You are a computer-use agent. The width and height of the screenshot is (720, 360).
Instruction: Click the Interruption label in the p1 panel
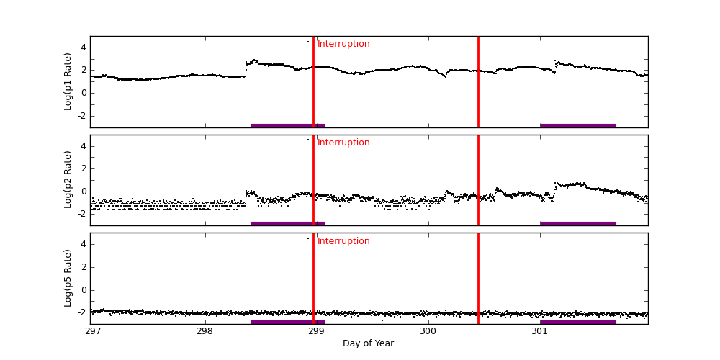tap(343, 44)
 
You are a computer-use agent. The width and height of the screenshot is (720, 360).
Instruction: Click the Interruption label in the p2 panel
tap(343, 143)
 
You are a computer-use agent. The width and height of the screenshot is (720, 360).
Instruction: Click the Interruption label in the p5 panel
tap(343, 241)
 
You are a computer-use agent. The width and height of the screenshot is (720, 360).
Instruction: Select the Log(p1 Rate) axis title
tap(68, 81)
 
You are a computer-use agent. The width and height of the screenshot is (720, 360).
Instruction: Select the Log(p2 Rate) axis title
tap(68, 179)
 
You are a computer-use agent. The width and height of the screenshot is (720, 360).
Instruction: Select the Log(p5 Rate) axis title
tap(68, 278)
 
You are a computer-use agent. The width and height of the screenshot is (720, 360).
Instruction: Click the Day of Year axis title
tap(368, 343)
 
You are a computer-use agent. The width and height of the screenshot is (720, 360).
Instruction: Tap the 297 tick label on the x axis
tap(93, 331)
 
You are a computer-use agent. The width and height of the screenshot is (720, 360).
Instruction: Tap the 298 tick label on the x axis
tap(204, 331)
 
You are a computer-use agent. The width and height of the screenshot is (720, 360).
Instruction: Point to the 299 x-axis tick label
tap(316, 331)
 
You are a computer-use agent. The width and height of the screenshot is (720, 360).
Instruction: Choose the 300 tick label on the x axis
tap(428, 331)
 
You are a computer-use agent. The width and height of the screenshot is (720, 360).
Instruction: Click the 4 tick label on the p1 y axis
tap(83, 48)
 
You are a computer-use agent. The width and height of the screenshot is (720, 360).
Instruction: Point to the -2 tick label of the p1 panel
tap(81, 115)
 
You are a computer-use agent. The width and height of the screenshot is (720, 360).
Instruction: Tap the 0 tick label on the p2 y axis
tap(83, 192)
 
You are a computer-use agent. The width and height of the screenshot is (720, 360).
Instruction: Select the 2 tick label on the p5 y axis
tap(83, 267)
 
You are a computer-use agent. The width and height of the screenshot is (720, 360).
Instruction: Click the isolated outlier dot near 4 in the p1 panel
tap(308, 42)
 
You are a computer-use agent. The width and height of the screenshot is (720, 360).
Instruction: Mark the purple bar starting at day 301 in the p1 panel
tap(577, 125)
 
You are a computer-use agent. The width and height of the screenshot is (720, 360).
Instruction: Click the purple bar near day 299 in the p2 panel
tap(287, 223)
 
